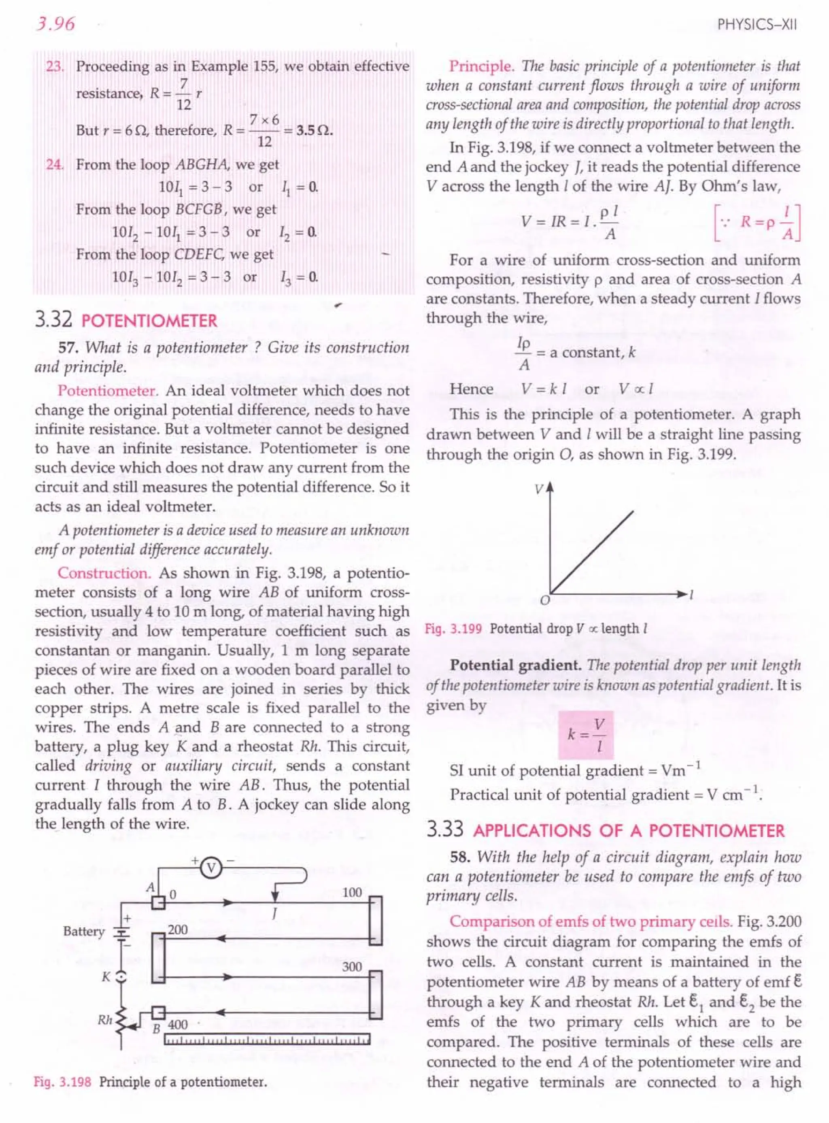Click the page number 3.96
pyautogui.click(x=55, y=23)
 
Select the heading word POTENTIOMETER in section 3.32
pyautogui.click(x=149, y=321)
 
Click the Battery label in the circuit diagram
pyautogui.click(x=84, y=932)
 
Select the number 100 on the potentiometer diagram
pyautogui.click(x=352, y=893)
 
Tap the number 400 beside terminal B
pyautogui.click(x=178, y=1025)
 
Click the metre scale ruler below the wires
pyautogui.click(x=268, y=1039)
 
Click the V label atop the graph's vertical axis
pyautogui.click(x=538, y=489)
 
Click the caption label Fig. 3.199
pyautogui.click(x=453, y=629)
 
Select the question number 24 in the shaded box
pyautogui.click(x=54, y=165)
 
